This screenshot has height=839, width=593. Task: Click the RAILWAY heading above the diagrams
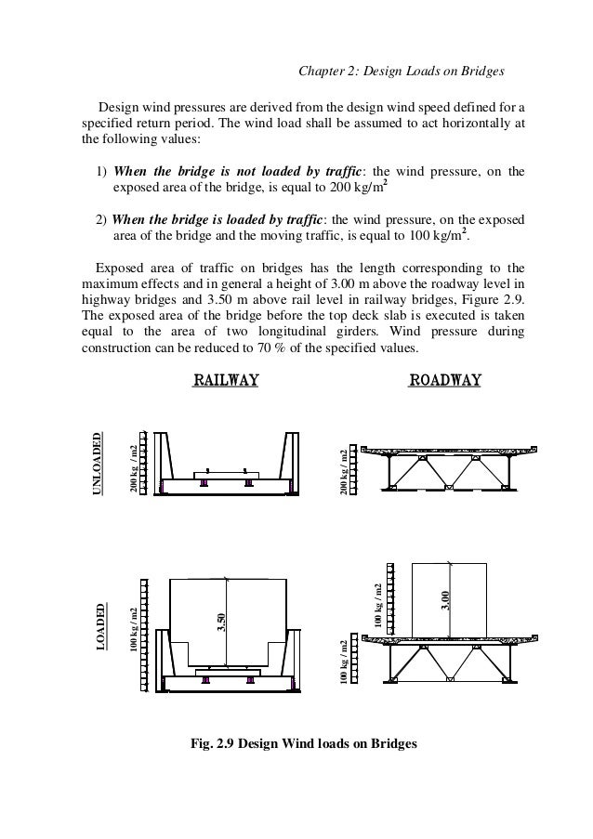(x=225, y=379)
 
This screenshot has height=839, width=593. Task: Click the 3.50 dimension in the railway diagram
(x=221, y=622)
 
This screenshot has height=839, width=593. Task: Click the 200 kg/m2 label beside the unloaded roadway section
(x=344, y=470)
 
